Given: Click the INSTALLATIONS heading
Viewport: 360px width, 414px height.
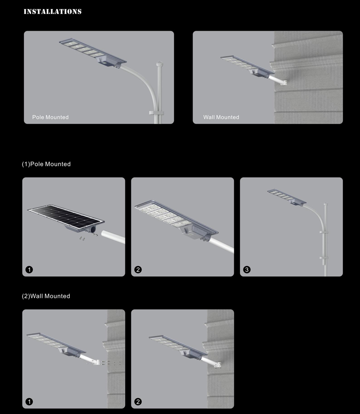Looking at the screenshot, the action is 53,12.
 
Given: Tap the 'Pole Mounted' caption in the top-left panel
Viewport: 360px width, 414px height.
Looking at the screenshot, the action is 50,117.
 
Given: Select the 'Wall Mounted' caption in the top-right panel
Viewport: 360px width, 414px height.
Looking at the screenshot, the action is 221,117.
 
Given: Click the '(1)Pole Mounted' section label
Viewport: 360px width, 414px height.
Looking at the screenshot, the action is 46,164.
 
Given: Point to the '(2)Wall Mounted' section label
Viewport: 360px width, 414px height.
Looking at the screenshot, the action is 46,296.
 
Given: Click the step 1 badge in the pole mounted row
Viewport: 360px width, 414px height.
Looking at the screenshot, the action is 29,270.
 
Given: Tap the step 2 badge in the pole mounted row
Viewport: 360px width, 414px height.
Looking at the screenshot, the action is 138,270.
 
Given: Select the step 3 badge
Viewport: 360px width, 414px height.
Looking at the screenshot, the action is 247,270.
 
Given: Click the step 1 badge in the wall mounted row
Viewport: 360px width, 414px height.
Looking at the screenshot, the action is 29,401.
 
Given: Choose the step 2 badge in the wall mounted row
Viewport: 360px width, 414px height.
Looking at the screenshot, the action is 138,401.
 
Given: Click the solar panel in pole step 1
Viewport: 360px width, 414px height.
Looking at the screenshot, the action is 66,217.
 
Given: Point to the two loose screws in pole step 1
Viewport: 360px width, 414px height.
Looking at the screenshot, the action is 82,239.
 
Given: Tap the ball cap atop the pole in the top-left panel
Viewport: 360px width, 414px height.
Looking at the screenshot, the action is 159,64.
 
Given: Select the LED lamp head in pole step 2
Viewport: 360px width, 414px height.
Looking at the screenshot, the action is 176,220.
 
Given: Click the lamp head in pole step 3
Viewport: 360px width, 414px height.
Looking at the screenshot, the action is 287,197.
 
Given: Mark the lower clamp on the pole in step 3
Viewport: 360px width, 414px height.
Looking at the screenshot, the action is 324,258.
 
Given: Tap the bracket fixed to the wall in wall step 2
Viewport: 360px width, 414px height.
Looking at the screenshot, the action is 218,365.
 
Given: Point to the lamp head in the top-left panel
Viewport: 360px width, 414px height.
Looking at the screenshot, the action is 93,53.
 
